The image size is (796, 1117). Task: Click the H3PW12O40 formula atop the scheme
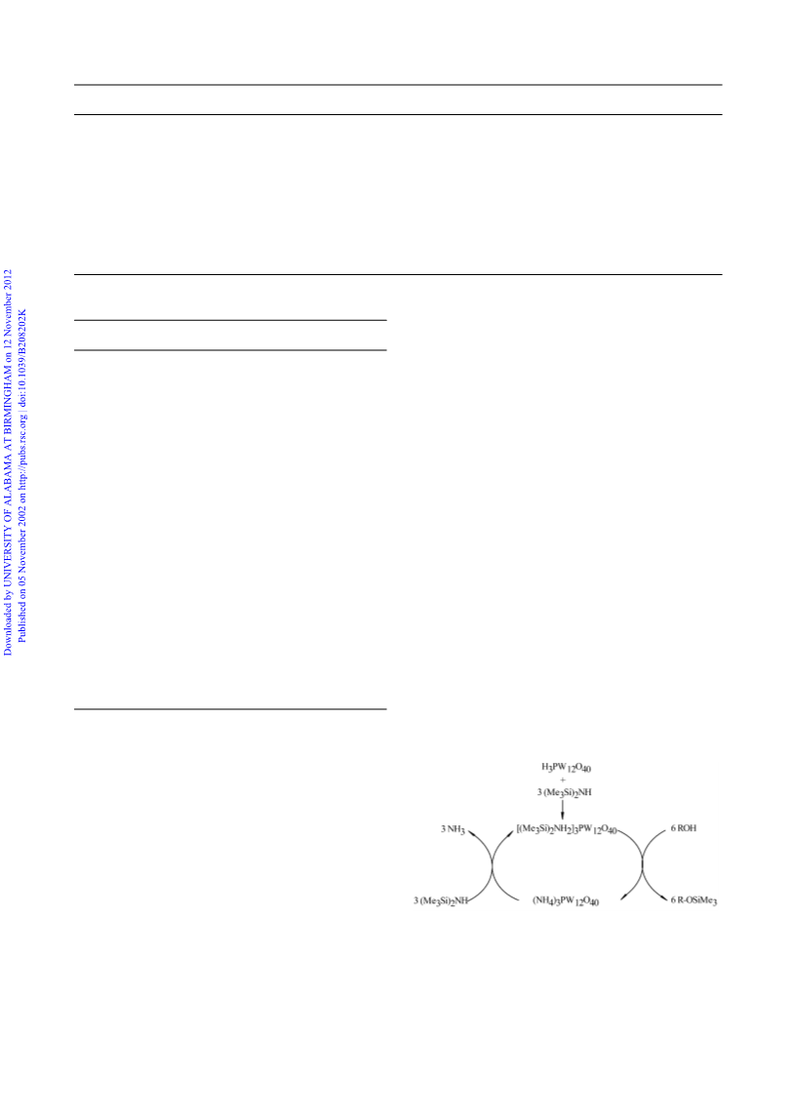pos(566,768)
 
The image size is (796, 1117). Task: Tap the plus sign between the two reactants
pos(563,780)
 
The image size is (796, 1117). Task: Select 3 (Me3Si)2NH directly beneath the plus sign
pos(565,792)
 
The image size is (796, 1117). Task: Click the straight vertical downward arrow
pos(563,810)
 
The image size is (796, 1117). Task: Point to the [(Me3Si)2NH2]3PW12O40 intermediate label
pos(566,829)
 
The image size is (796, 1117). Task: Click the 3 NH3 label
pos(453,829)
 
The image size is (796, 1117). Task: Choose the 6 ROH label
pos(684,828)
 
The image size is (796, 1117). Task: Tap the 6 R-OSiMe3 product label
pos(694,900)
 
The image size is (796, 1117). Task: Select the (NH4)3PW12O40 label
pos(566,901)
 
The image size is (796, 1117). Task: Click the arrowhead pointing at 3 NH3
pos(470,832)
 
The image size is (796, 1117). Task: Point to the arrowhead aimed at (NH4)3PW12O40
pos(623,897)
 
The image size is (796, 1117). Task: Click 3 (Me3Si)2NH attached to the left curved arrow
pos(440,901)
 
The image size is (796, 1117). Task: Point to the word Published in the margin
pos(22,620)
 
